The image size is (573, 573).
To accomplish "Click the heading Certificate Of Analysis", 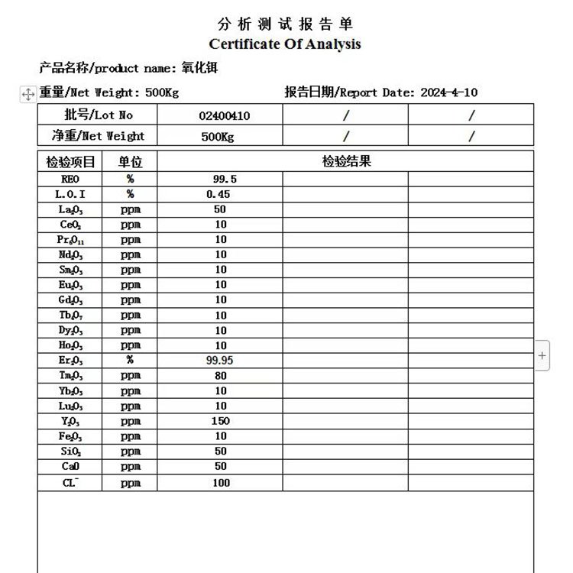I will [284, 44].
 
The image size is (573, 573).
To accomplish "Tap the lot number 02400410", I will [224, 115].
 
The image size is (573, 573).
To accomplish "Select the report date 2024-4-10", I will [449, 92].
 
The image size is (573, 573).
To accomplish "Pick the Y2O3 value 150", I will [220, 421].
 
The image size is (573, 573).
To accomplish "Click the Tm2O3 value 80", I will [220, 375].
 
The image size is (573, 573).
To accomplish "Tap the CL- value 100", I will [221, 482].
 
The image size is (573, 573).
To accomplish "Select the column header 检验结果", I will [345, 161].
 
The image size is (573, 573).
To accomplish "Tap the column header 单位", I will [130, 162].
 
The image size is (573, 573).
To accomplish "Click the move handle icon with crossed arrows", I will [28, 93].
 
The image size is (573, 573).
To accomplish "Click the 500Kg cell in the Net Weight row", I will [218, 137].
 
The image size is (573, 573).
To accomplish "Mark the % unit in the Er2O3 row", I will [131, 360].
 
